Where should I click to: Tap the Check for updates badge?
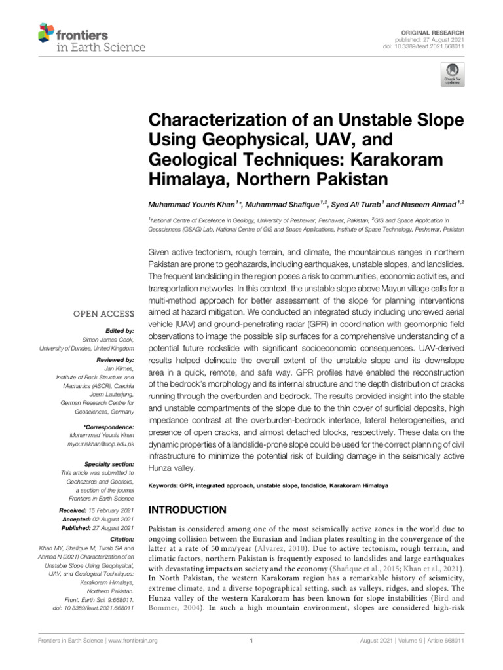click(451, 75)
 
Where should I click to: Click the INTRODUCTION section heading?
click(188, 509)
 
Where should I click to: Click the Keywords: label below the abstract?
click(166, 486)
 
